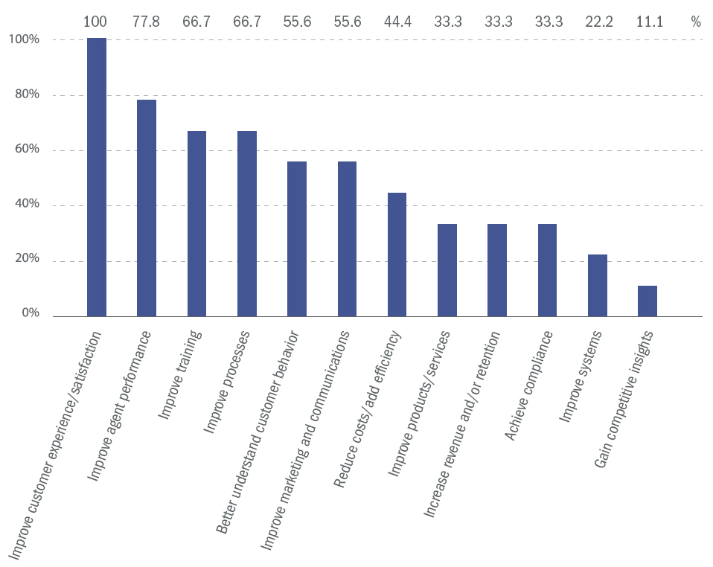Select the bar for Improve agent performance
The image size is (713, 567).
pyautogui.click(x=147, y=208)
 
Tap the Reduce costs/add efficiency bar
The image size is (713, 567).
pyautogui.click(x=397, y=254)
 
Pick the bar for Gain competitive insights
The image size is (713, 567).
pyautogui.click(x=648, y=301)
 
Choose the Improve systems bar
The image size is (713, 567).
pyautogui.click(x=598, y=286)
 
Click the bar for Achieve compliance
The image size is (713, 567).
pyautogui.click(x=548, y=270)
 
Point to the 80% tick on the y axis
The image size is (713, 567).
pyautogui.click(x=24, y=95)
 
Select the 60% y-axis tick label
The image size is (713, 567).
pyautogui.click(x=24, y=150)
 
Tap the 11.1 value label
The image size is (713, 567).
pyautogui.click(x=647, y=22)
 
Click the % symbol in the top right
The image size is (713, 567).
pyautogui.click(x=696, y=22)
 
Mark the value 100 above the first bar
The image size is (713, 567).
pyautogui.click(x=95, y=22)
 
